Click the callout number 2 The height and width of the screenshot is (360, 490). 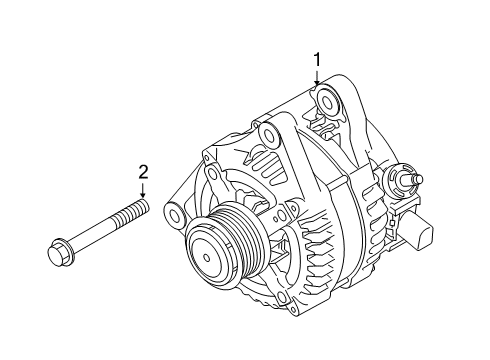(x=143, y=171)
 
